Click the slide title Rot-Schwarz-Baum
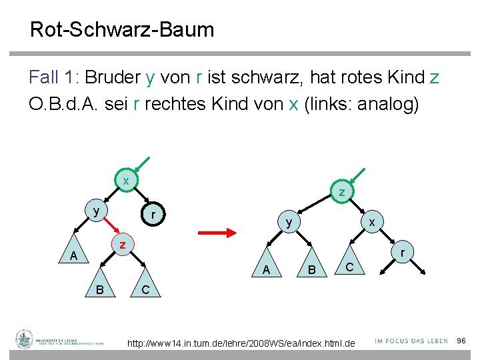click(122, 29)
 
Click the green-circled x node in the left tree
click(125, 181)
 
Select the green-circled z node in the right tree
click(341, 193)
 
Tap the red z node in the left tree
click(122, 245)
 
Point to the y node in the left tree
click(97, 211)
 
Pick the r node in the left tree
click(153, 215)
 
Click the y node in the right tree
click(289, 222)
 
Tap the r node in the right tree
click(403, 253)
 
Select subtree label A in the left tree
click(74, 257)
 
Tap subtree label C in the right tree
click(349, 267)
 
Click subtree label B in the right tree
click(310, 270)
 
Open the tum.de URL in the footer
click(241, 343)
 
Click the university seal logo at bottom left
click(25, 339)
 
